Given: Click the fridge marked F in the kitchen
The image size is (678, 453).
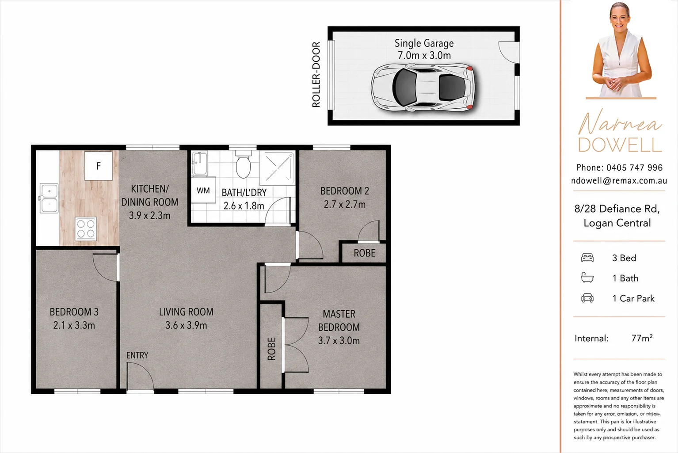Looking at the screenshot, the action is tap(99, 166).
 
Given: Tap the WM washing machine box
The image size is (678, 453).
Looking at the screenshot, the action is tap(203, 190).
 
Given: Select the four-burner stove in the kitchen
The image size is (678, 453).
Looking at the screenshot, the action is tap(86, 229).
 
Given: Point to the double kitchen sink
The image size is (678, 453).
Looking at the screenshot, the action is tap(49, 198).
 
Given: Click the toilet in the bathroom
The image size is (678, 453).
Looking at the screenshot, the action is tap(243, 164).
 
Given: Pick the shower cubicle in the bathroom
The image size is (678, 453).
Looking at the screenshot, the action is tap(277, 168).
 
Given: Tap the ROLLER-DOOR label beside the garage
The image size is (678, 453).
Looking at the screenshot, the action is tap(316, 74).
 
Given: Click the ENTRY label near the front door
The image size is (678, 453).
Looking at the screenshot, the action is tap(137, 355).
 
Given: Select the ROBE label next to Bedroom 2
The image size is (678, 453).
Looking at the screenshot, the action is tap(365, 253).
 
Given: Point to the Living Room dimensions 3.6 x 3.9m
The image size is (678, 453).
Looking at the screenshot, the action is tap(186, 325).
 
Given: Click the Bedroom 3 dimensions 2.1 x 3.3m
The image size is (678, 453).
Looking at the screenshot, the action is tap(74, 325).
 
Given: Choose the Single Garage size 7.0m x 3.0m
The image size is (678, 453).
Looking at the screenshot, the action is tap(424, 55).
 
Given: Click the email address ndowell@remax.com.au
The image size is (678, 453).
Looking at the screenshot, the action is tap(619, 181).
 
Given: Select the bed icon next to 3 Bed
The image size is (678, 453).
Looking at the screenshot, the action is tap(587, 258).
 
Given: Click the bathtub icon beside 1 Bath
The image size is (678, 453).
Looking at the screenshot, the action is tap(587, 278).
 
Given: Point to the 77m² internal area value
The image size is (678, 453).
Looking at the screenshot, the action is tap(642, 338).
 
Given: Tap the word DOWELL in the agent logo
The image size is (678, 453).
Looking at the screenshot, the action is tap(620, 145).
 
